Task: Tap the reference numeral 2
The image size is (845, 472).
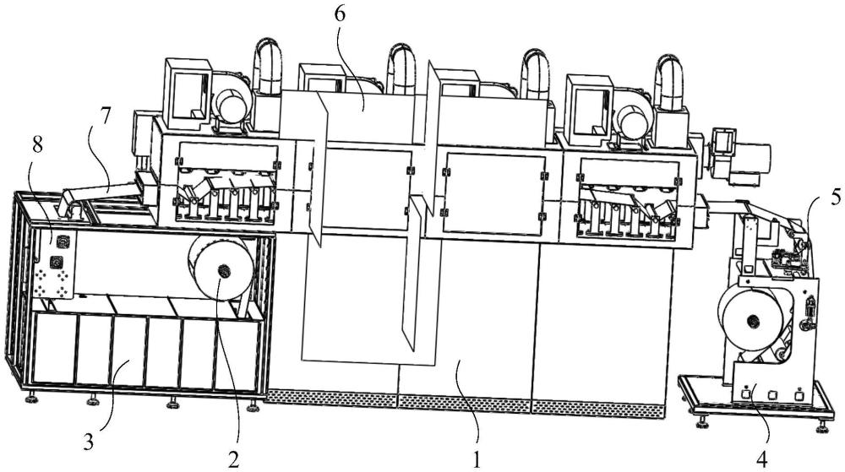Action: (233, 459)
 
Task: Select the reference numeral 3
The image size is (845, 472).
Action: (89, 442)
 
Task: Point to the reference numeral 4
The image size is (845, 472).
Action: (762, 459)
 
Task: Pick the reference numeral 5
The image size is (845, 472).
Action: (836, 197)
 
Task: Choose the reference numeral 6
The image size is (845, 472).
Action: (340, 14)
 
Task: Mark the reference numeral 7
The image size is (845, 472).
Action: (105, 117)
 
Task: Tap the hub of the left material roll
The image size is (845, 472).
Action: (223, 271)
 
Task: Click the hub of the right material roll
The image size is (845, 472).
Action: (750, 322)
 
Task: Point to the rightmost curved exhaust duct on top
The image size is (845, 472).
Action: (668, 81)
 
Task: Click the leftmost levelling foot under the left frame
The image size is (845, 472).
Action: (32, 397)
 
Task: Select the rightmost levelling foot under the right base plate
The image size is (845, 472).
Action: (822, 426)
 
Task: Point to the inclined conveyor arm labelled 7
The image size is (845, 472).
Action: (102, 193)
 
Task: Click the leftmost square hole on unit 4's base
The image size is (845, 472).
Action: (746, 394)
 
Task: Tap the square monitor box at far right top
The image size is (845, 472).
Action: (723, 141)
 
